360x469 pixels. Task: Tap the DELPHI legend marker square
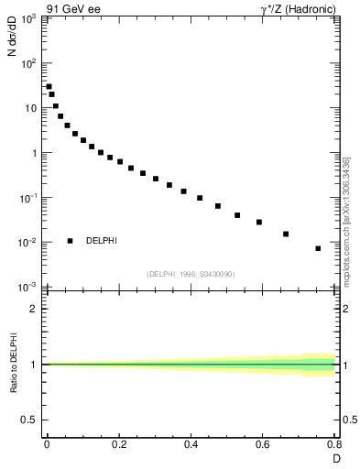pyautogui.click(x=70, y=241)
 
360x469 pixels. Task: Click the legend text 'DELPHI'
pyautogui.click(x=102, y=241)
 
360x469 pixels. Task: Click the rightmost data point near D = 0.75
pyautogui.click(x=318, y=248)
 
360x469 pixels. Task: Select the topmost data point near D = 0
pyautogui.click(x=49, y=87)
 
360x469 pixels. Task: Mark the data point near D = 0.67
pyautogui.click(x=286, y=234)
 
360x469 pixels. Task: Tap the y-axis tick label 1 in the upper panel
pyautogui.click(x=32, y=153)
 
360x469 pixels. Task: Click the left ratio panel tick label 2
pyautogui.click(x=33, y=309)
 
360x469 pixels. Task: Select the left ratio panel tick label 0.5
pyautogui.click(x=29, y=420)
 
